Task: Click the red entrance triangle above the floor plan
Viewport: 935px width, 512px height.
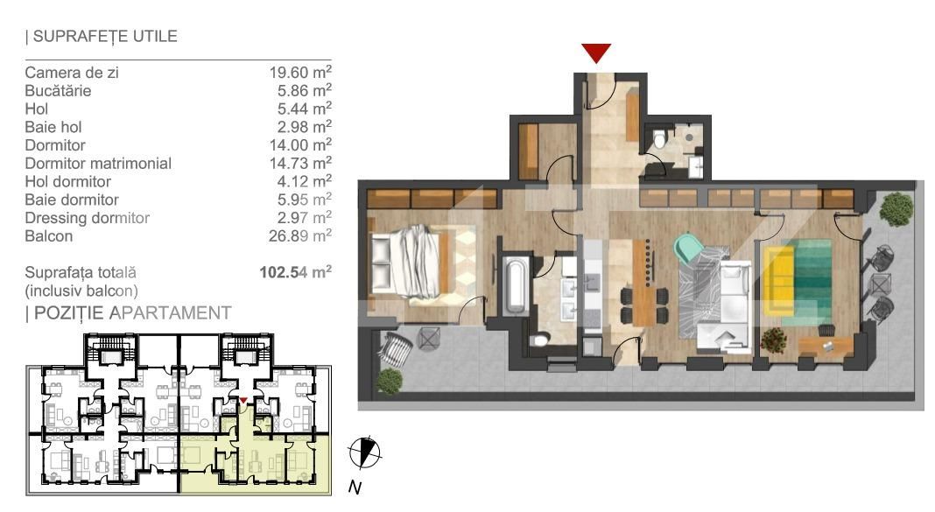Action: click(596, 53)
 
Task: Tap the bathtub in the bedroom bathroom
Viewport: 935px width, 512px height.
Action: click(515, 285)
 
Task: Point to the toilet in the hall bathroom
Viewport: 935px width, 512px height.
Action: click(659, 139)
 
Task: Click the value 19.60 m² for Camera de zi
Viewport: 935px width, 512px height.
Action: click(300, 72)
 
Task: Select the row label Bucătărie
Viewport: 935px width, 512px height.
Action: click(58, 91)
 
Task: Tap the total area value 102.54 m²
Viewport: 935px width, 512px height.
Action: click(295, 272)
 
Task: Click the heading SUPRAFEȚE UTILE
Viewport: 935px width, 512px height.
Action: click(102, 37)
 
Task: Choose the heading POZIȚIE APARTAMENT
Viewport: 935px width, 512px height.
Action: click(128, 313)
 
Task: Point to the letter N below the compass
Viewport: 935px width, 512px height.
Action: click(355, 487)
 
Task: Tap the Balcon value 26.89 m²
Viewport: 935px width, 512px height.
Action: click(300, 236)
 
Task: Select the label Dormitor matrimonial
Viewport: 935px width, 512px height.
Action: click(98, 164)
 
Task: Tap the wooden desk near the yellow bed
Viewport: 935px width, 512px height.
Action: click(826, 347)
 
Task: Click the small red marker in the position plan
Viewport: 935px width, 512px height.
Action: click(243, 400)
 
